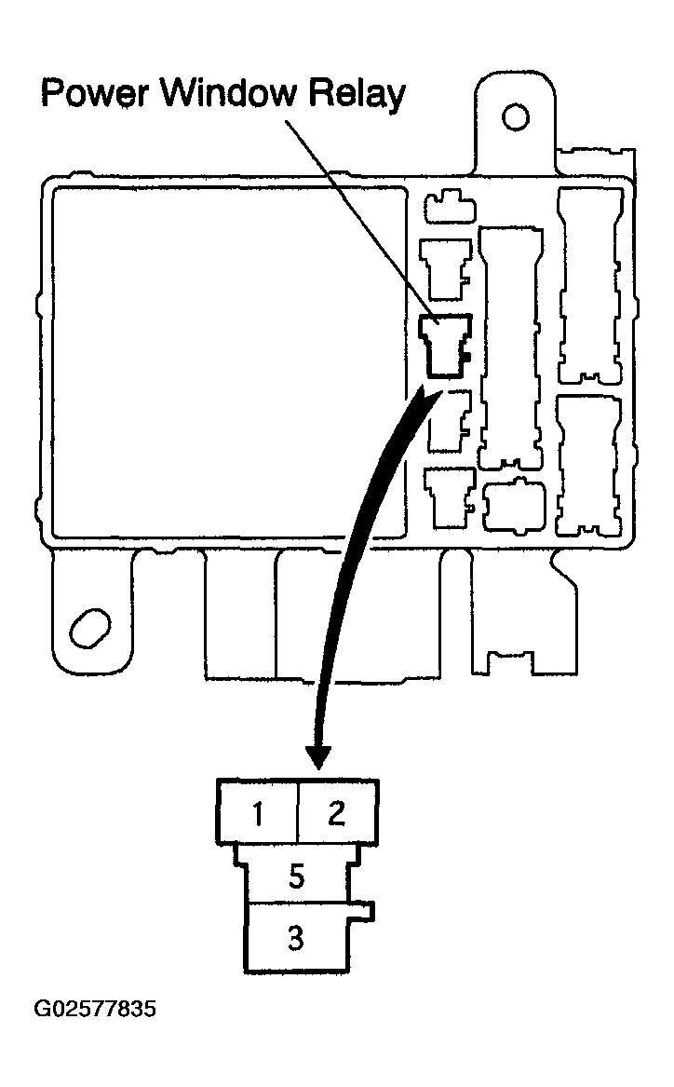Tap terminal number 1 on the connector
point(258,813)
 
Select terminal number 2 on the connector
point(337,813)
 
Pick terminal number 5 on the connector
point(296,876)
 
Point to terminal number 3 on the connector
point(295,938)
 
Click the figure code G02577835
point(95,1010)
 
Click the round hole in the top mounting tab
point(515,118)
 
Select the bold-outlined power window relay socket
point(446,346)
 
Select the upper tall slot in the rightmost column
point(588,284)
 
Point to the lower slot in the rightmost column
point(587,466)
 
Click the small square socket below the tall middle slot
point(514,505)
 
